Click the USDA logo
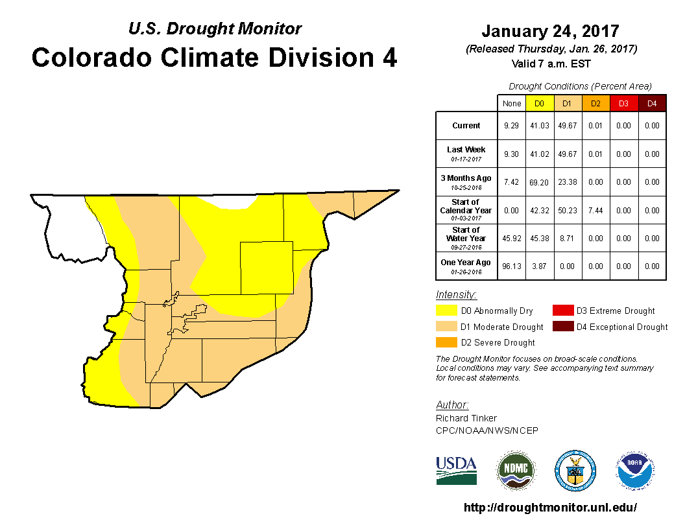(x=456, y=470)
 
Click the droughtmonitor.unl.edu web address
(x=550, y=508)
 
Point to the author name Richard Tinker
(x=466, y=418)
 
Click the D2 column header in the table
(x=595, y=104)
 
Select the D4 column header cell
(x=652, y=104)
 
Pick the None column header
(x=511, y=104)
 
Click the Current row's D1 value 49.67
(x=568, y=126)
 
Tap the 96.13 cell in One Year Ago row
(x=511, y=266)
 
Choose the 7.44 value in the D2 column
(x=595, y=211)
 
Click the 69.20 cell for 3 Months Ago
(x=540, y=182)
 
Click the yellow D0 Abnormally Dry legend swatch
(x=446, y=311)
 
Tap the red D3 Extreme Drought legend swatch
(x=562, y=311)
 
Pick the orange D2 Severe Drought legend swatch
(x=446, y=342)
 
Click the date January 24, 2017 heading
(x=550, y=31)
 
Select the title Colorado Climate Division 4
(x=214, y=58)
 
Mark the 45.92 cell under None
(x=511, y=239)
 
